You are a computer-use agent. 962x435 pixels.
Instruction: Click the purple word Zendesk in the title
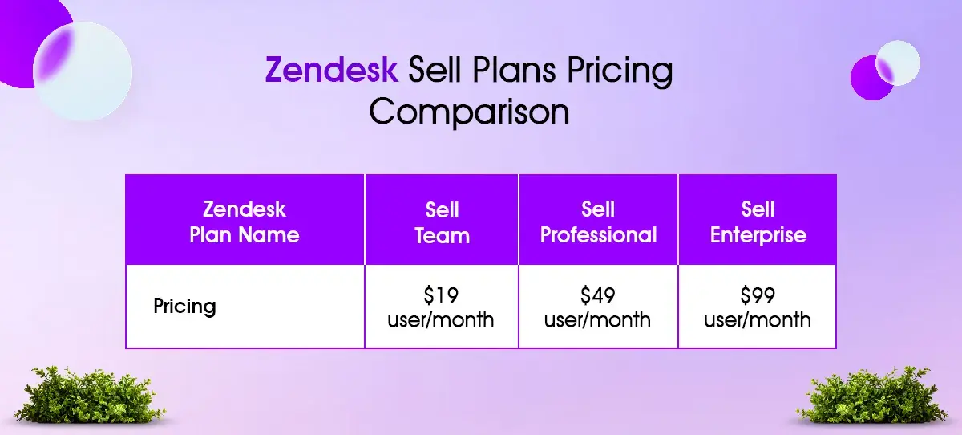332,69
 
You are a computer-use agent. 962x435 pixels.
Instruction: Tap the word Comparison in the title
470,112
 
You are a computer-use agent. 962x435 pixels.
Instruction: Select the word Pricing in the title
620,71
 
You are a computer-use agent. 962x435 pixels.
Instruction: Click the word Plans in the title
514,69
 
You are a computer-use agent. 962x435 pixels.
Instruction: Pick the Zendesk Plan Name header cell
245,220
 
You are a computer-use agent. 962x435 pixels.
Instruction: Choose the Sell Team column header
442,220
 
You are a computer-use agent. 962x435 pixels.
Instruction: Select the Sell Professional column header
598,220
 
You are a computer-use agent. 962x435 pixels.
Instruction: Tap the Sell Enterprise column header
758,220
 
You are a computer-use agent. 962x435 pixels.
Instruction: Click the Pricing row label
184,307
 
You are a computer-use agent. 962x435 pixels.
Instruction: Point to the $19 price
441,295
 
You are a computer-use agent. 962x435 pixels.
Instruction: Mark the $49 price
598,295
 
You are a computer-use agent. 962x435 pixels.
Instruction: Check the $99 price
758,295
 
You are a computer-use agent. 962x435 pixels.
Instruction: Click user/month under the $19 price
441,319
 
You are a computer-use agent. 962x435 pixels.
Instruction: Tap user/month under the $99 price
758,319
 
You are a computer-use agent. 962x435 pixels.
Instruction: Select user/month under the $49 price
597,319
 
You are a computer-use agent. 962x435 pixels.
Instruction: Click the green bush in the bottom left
89,395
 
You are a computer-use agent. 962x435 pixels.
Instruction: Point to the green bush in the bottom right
871,395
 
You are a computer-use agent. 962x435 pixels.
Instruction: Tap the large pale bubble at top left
83,71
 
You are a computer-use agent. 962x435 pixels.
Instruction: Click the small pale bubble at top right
898,63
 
